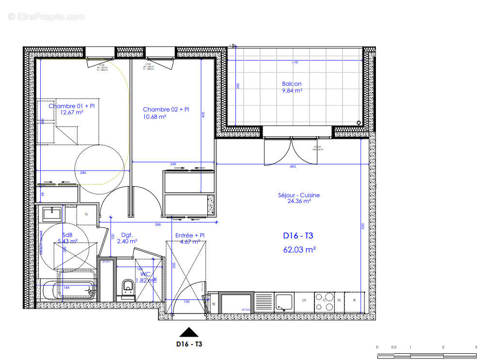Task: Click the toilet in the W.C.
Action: (x=128, y=286)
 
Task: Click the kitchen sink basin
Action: (x=283, y=301)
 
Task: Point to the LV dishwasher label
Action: (x=304, y=300)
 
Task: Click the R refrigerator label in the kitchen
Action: (x=354, y=300)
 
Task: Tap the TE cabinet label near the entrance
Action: (x=214, y=304)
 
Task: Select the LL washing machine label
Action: (x=87, y=214)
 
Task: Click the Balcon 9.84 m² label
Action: (x=292, y=87)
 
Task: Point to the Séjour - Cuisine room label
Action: (x=299, y=198)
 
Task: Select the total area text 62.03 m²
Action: (x=299, y=250)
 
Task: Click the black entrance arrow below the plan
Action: (x=189, y=332)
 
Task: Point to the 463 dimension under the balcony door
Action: (x=293, y=166)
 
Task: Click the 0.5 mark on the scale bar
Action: (x=394, y=347)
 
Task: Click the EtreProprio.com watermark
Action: (x=47, y=16)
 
